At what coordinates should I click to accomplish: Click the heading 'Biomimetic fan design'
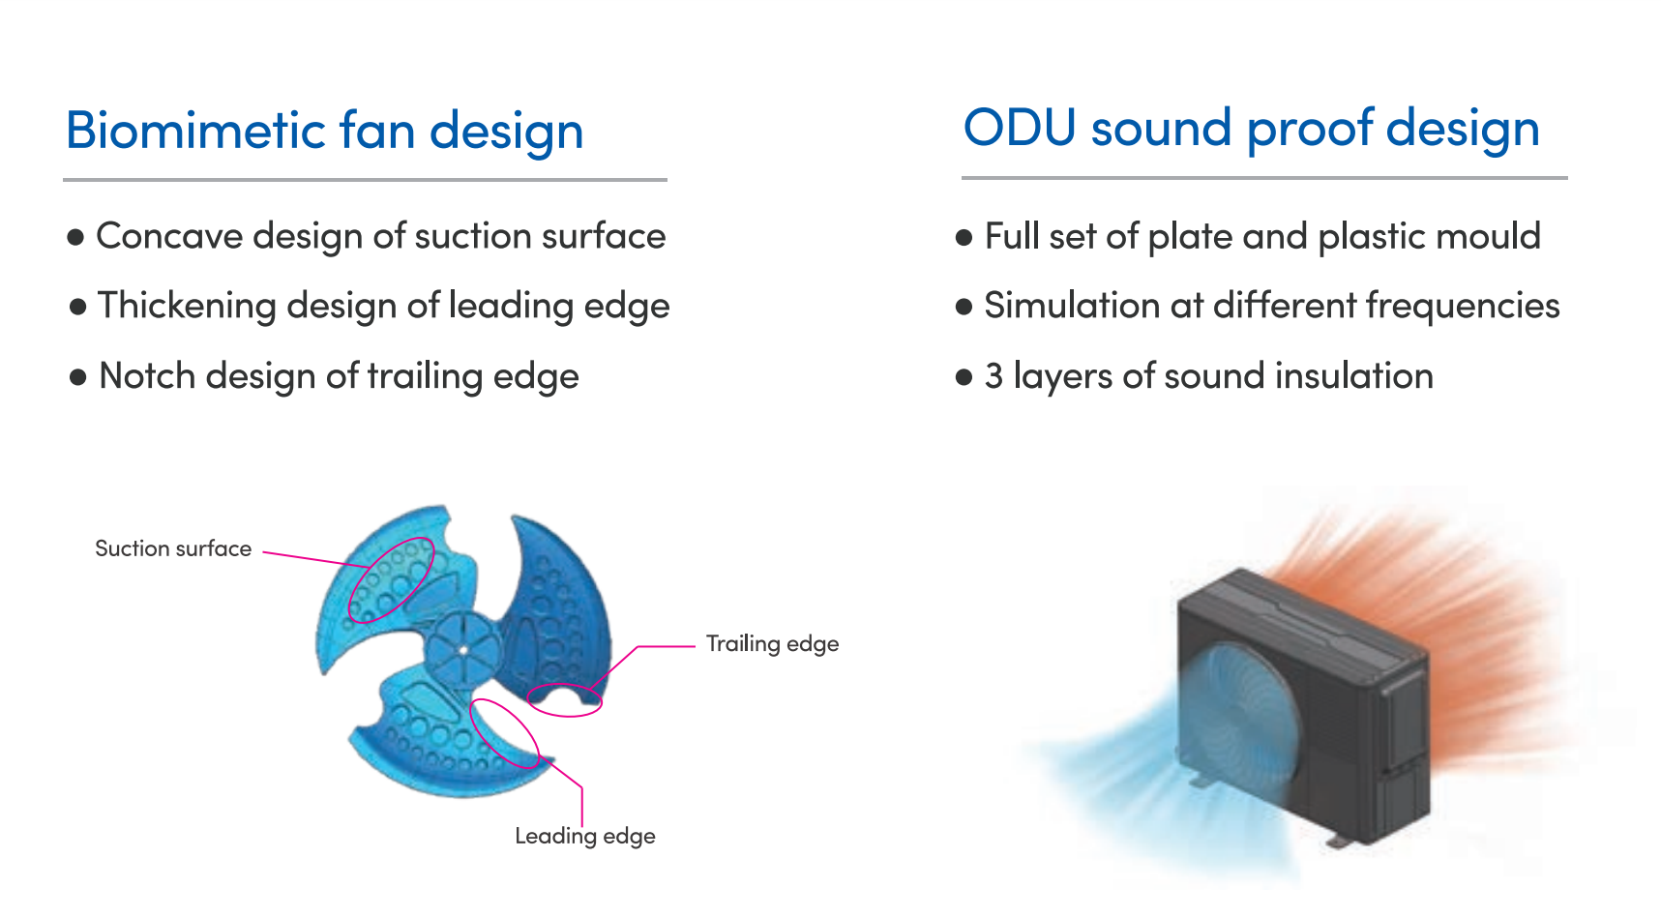tap(324, 131)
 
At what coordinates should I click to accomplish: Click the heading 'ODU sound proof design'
tap(1251, 128)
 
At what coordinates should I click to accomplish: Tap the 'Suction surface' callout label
tap(173, 548)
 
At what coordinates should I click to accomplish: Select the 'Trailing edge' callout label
tap(772, 644)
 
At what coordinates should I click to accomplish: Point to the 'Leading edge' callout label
tap(584, 836)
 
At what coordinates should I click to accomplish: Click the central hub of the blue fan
tap(463, 649)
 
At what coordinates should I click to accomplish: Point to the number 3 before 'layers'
tap(994, 376)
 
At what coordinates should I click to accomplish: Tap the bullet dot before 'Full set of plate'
tap(964, 238)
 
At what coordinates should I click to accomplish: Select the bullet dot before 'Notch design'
tap(78, 377)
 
